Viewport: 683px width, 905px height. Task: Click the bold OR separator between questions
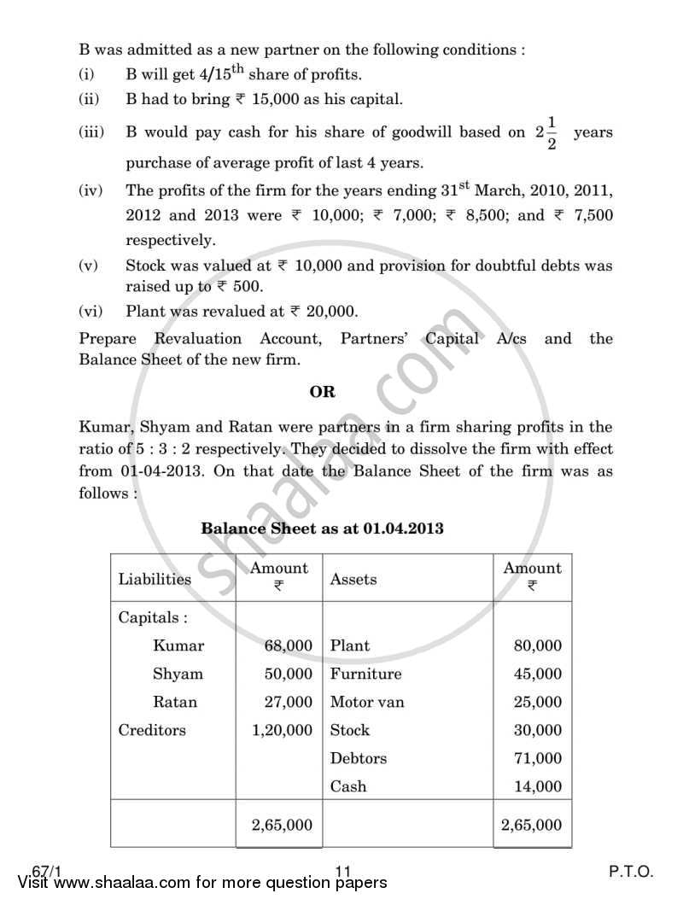323,392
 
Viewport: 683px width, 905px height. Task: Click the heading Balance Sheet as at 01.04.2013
322,528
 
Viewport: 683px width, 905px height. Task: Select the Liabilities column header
155,579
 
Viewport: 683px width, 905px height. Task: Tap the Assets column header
353,579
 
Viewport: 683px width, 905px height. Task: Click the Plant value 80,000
538,646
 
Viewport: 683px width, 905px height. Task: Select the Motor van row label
367,702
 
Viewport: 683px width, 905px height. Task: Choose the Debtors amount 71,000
538,758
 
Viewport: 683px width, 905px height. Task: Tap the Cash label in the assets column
347,786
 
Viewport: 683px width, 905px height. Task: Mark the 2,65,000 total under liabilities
282,825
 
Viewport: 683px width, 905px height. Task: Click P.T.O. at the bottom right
631,872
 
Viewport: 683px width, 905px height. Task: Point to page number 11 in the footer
344,872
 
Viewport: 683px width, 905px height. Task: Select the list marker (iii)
90,132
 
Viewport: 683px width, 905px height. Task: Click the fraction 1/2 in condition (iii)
552,133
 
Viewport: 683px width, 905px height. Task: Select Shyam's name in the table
178,674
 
